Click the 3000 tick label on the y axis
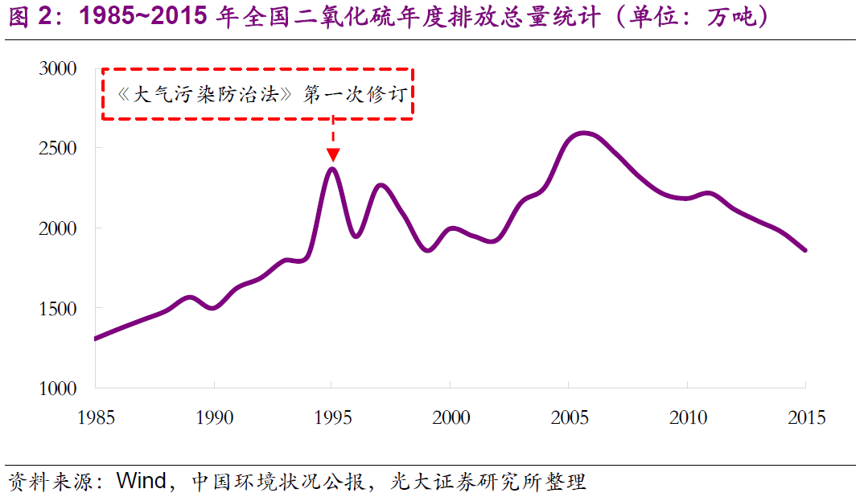pyautogui.click(x=58, y=69)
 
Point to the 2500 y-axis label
pyautogui.click(x=58, y=149)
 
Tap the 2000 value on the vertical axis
pyautogui.click(x=58, y=228)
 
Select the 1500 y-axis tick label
pyautogui.click(x=58, y=308)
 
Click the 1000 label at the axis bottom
pyautogui.click(x=58, y=388)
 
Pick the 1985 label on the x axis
pyautogui.click(x=96, y=418)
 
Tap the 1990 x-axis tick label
pyautogui.click(x=214, y=418)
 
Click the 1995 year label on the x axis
pyautogui.click(x=333, y=418)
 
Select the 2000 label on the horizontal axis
pyautogui.click(x=451, y=418)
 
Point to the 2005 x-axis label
pyautogui.click(x=570, y=418)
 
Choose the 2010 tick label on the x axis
pyautogui.click(x=688, y=418)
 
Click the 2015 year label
pyautogui.click(x=806, y=418)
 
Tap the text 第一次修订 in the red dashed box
pyautogui.click(x=358, y=95)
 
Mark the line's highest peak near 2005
pyautogui.click(x=583, y=133)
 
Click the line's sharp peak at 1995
pyautogui.click(x=332, y=168)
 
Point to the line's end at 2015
pyautogui.click(x=805, y=250)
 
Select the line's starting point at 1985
pyautogui.click(x=96, y=339)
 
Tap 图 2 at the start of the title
pyautogui.click(x=27, y=18)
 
